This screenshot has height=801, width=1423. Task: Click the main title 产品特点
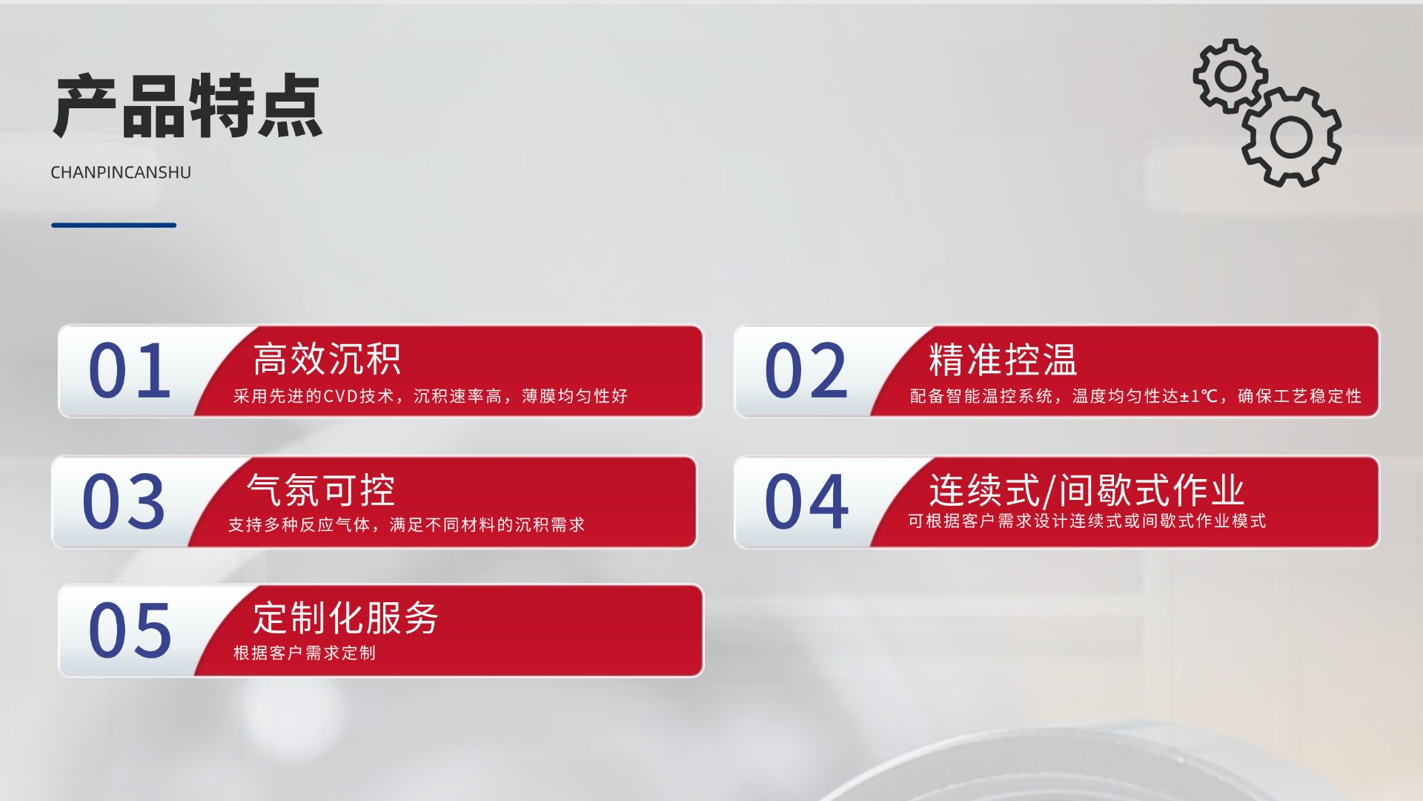coord(188,106)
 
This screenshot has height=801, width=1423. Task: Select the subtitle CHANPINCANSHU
coord(121,172)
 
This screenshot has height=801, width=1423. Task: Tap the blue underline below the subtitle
coord(114,225)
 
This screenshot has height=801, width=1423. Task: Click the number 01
coord(130,370)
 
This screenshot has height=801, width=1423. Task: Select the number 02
coord(806,370)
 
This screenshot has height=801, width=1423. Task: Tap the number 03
coord(124,501)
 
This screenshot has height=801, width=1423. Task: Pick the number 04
coord(806,501)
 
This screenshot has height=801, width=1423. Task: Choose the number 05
coord(130,630)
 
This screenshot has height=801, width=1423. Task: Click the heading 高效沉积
coord(327,359)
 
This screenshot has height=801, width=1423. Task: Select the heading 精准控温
coord(1003,360)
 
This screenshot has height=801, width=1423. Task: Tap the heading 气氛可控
coord(321,490)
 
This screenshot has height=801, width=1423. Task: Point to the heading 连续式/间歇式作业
coord(1087,490)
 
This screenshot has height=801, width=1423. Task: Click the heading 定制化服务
coord(345,619)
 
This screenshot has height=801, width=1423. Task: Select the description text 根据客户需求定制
coord(305,653)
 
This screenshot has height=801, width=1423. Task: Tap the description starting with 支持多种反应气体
coord(406,525)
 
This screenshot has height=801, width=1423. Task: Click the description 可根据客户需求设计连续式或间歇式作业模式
coord(1087,521)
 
